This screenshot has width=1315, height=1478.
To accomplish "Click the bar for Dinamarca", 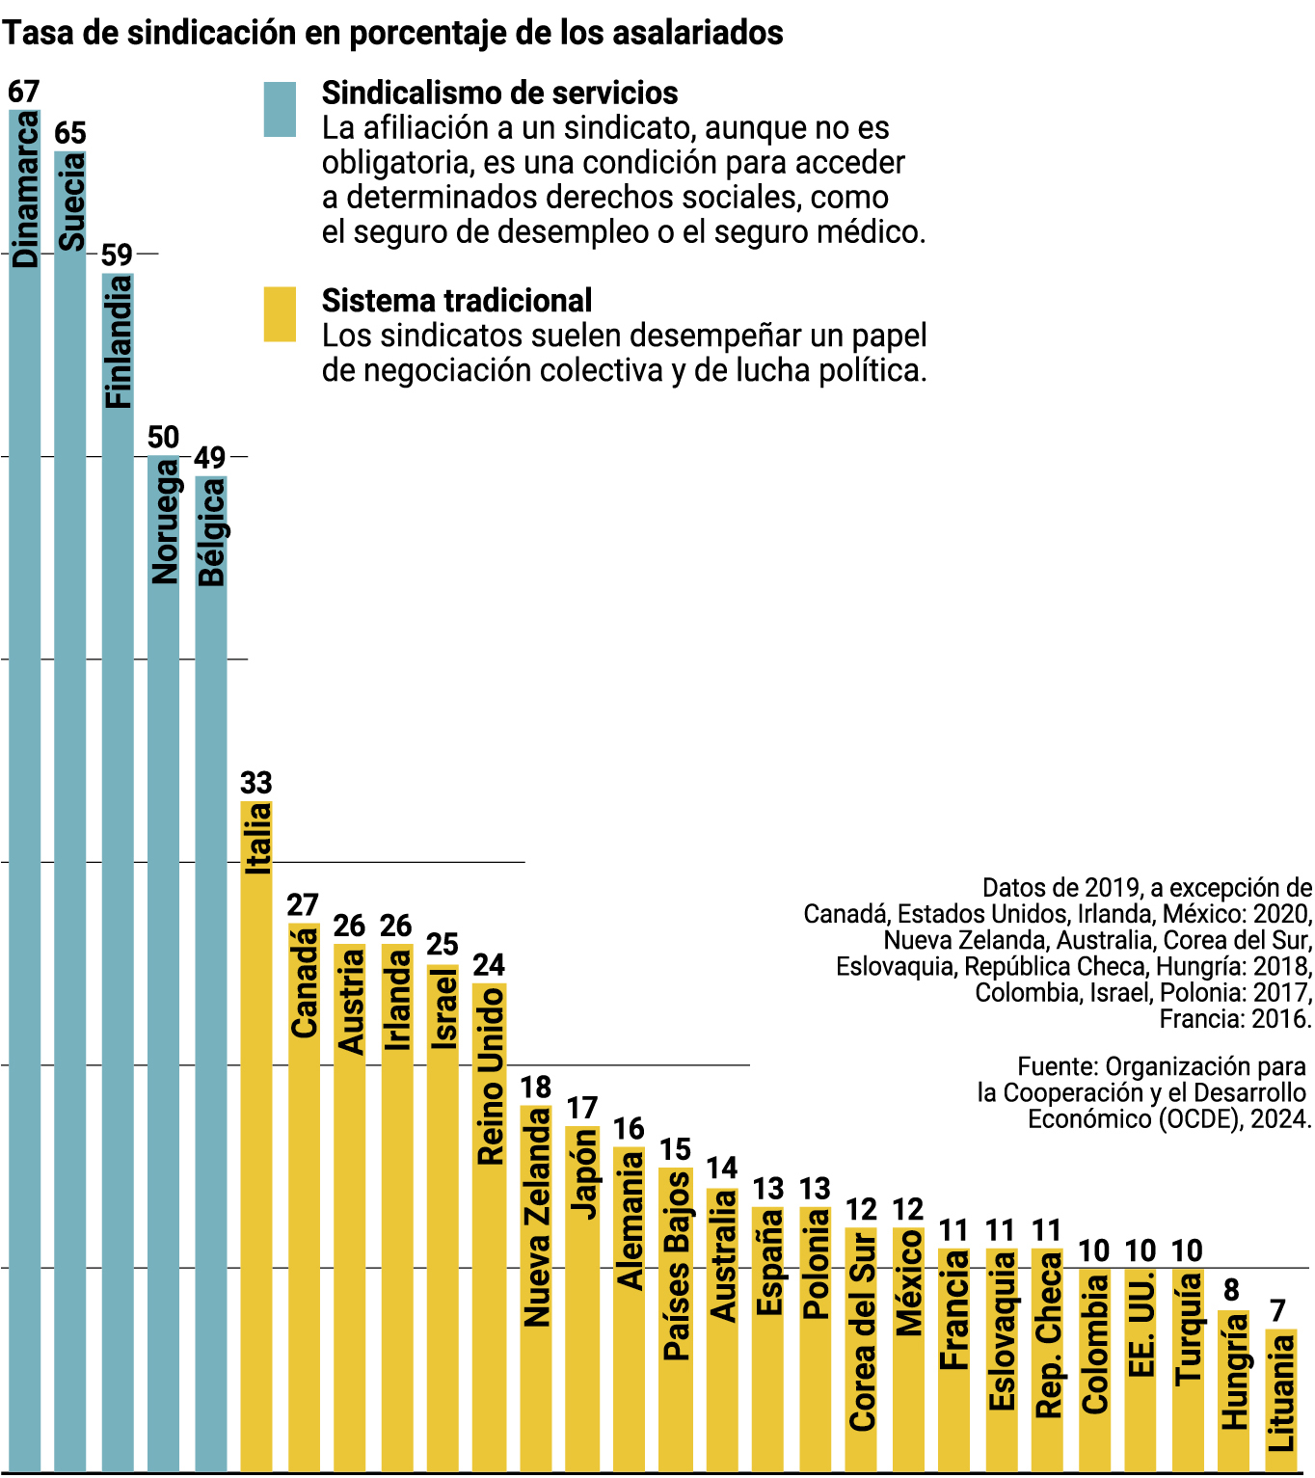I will click(x=25, y=791).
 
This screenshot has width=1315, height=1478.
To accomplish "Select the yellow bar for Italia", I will click(x=256, y=1138).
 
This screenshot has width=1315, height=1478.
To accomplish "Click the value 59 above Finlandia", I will click(x=117, y=255).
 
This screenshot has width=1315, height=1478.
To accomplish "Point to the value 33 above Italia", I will click(x=256, y=783).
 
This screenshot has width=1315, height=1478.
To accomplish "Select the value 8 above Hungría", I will click(x=1231, y=1291).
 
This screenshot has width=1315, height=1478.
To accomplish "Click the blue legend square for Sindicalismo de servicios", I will click(x=280, y=110).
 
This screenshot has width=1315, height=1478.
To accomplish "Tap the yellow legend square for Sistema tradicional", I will click(x=280, y=314).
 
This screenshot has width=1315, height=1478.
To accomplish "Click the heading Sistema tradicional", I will click(x=457, y=301).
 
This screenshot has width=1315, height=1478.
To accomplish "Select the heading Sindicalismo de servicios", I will click(x=499, y=94).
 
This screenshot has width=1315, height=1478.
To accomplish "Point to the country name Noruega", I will click(x=165, y=522).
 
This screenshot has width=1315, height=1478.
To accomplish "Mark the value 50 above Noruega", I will click(x=163, y=438).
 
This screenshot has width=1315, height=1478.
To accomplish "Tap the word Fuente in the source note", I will click(x=1057, y=1067).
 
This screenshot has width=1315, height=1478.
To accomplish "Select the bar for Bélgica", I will click(x=211, y=974).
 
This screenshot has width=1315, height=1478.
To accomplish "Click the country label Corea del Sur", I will click(x=862, y=1331).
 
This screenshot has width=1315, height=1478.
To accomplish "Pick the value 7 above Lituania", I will click(x=1277, y=1311).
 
